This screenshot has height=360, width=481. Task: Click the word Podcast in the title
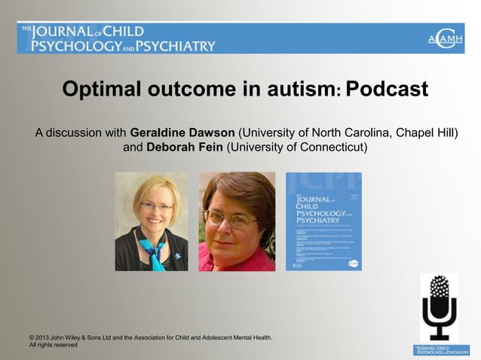tap(387, 90)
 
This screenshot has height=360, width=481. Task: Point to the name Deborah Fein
tap(182, 147)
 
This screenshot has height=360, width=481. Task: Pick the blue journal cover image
tap(323, 221)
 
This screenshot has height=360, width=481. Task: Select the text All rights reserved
tap(54, 345)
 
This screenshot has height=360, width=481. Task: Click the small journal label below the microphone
tap(441, 349)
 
